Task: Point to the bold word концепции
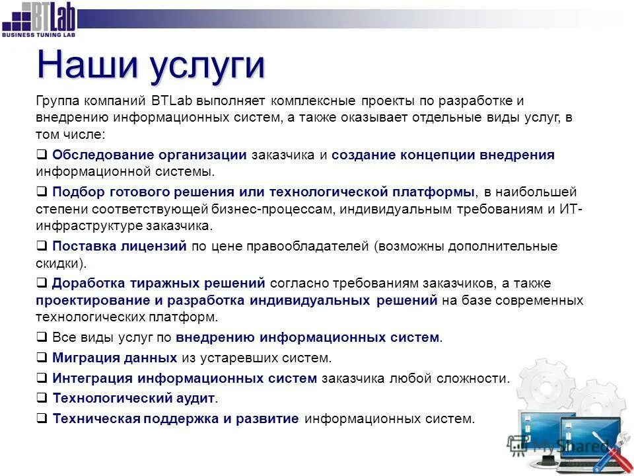coord(437,155)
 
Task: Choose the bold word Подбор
coord(74,192)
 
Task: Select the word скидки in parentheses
coord(57,262)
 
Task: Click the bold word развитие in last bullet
coord(267,418)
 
